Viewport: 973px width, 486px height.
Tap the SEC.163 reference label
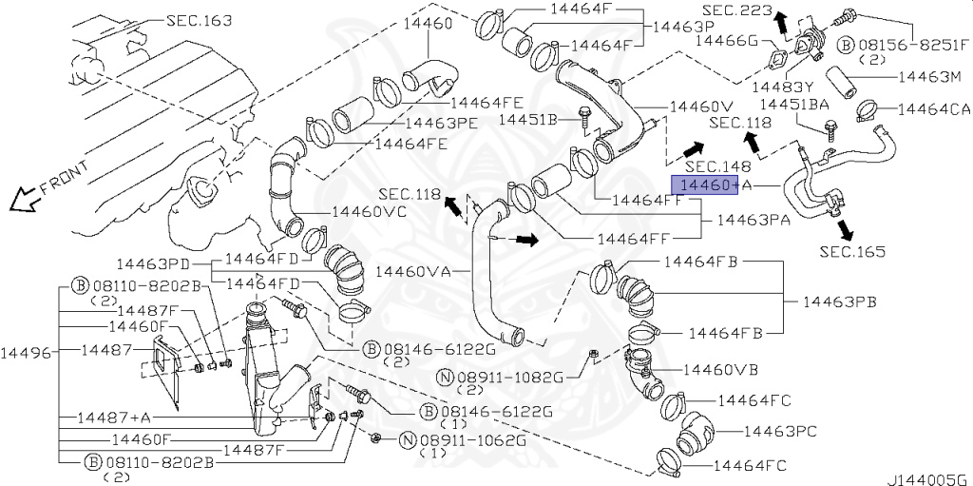200,21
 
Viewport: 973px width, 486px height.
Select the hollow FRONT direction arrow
25,198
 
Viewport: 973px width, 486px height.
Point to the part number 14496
24,353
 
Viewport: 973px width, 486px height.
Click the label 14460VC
370,211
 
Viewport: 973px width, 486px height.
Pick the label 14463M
929,77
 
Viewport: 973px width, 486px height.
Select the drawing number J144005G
928,479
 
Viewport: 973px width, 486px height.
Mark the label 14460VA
413,272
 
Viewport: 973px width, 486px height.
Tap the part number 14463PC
779,430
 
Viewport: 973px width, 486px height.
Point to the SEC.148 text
718,166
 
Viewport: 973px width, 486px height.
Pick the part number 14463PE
441,123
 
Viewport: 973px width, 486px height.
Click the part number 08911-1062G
472,440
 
